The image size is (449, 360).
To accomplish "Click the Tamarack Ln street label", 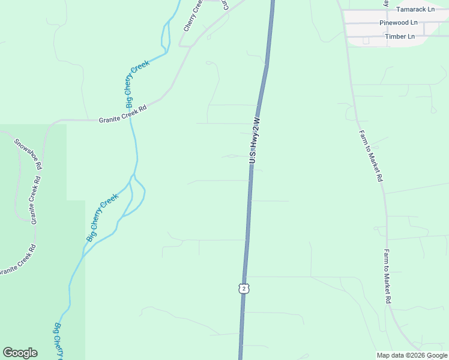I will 415,9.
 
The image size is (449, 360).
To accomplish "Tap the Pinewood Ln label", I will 398,23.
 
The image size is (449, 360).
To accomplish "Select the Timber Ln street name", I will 400,37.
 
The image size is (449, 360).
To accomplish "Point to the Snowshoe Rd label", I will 28,154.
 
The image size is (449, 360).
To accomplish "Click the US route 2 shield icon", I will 243,289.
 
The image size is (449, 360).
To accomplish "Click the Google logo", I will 20,353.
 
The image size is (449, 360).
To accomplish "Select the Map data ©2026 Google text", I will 412,355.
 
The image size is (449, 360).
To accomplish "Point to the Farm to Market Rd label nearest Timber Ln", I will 370,156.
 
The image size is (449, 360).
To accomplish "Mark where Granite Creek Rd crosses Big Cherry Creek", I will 130,119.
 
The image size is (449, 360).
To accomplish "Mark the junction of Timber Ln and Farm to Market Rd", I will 347,37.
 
